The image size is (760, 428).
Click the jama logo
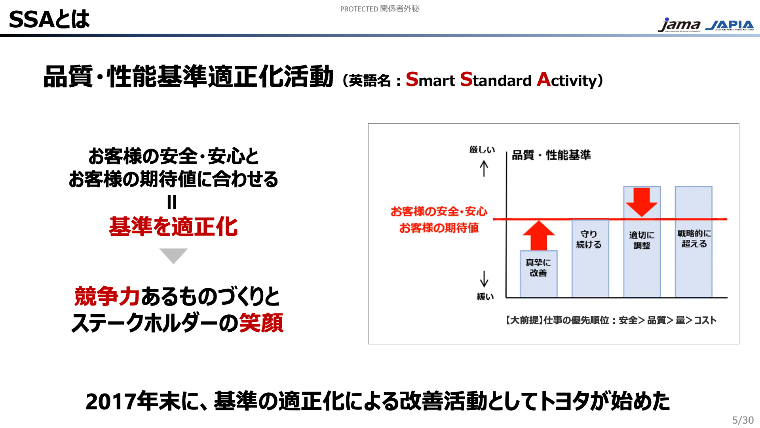click(x=679, y=25)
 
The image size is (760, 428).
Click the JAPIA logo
click(x=730, y=25)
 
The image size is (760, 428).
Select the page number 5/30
click(x=743, y=420)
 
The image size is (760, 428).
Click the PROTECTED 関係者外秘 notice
click(x=380, y=9)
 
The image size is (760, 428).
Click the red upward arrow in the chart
click(x=539, y=235)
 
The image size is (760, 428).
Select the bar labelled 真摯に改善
click(x=539, y=274)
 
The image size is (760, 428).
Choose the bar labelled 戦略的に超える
click(x=693, y=242)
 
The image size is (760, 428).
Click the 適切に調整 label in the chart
click(x=642, y=240)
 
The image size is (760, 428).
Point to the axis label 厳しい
click(x=482, y=150)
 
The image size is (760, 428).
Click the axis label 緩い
click(x=485, y=296)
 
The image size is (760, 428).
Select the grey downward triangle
click(x=173, y=255)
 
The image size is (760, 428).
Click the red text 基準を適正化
click(x=173, y=227)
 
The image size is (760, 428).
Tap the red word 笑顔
click(x=261, y=323)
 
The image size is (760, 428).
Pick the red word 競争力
click(x=107, y=296)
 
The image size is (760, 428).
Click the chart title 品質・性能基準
click(x=551, y=155)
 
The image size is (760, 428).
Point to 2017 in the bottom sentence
click(x=111, y=401)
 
